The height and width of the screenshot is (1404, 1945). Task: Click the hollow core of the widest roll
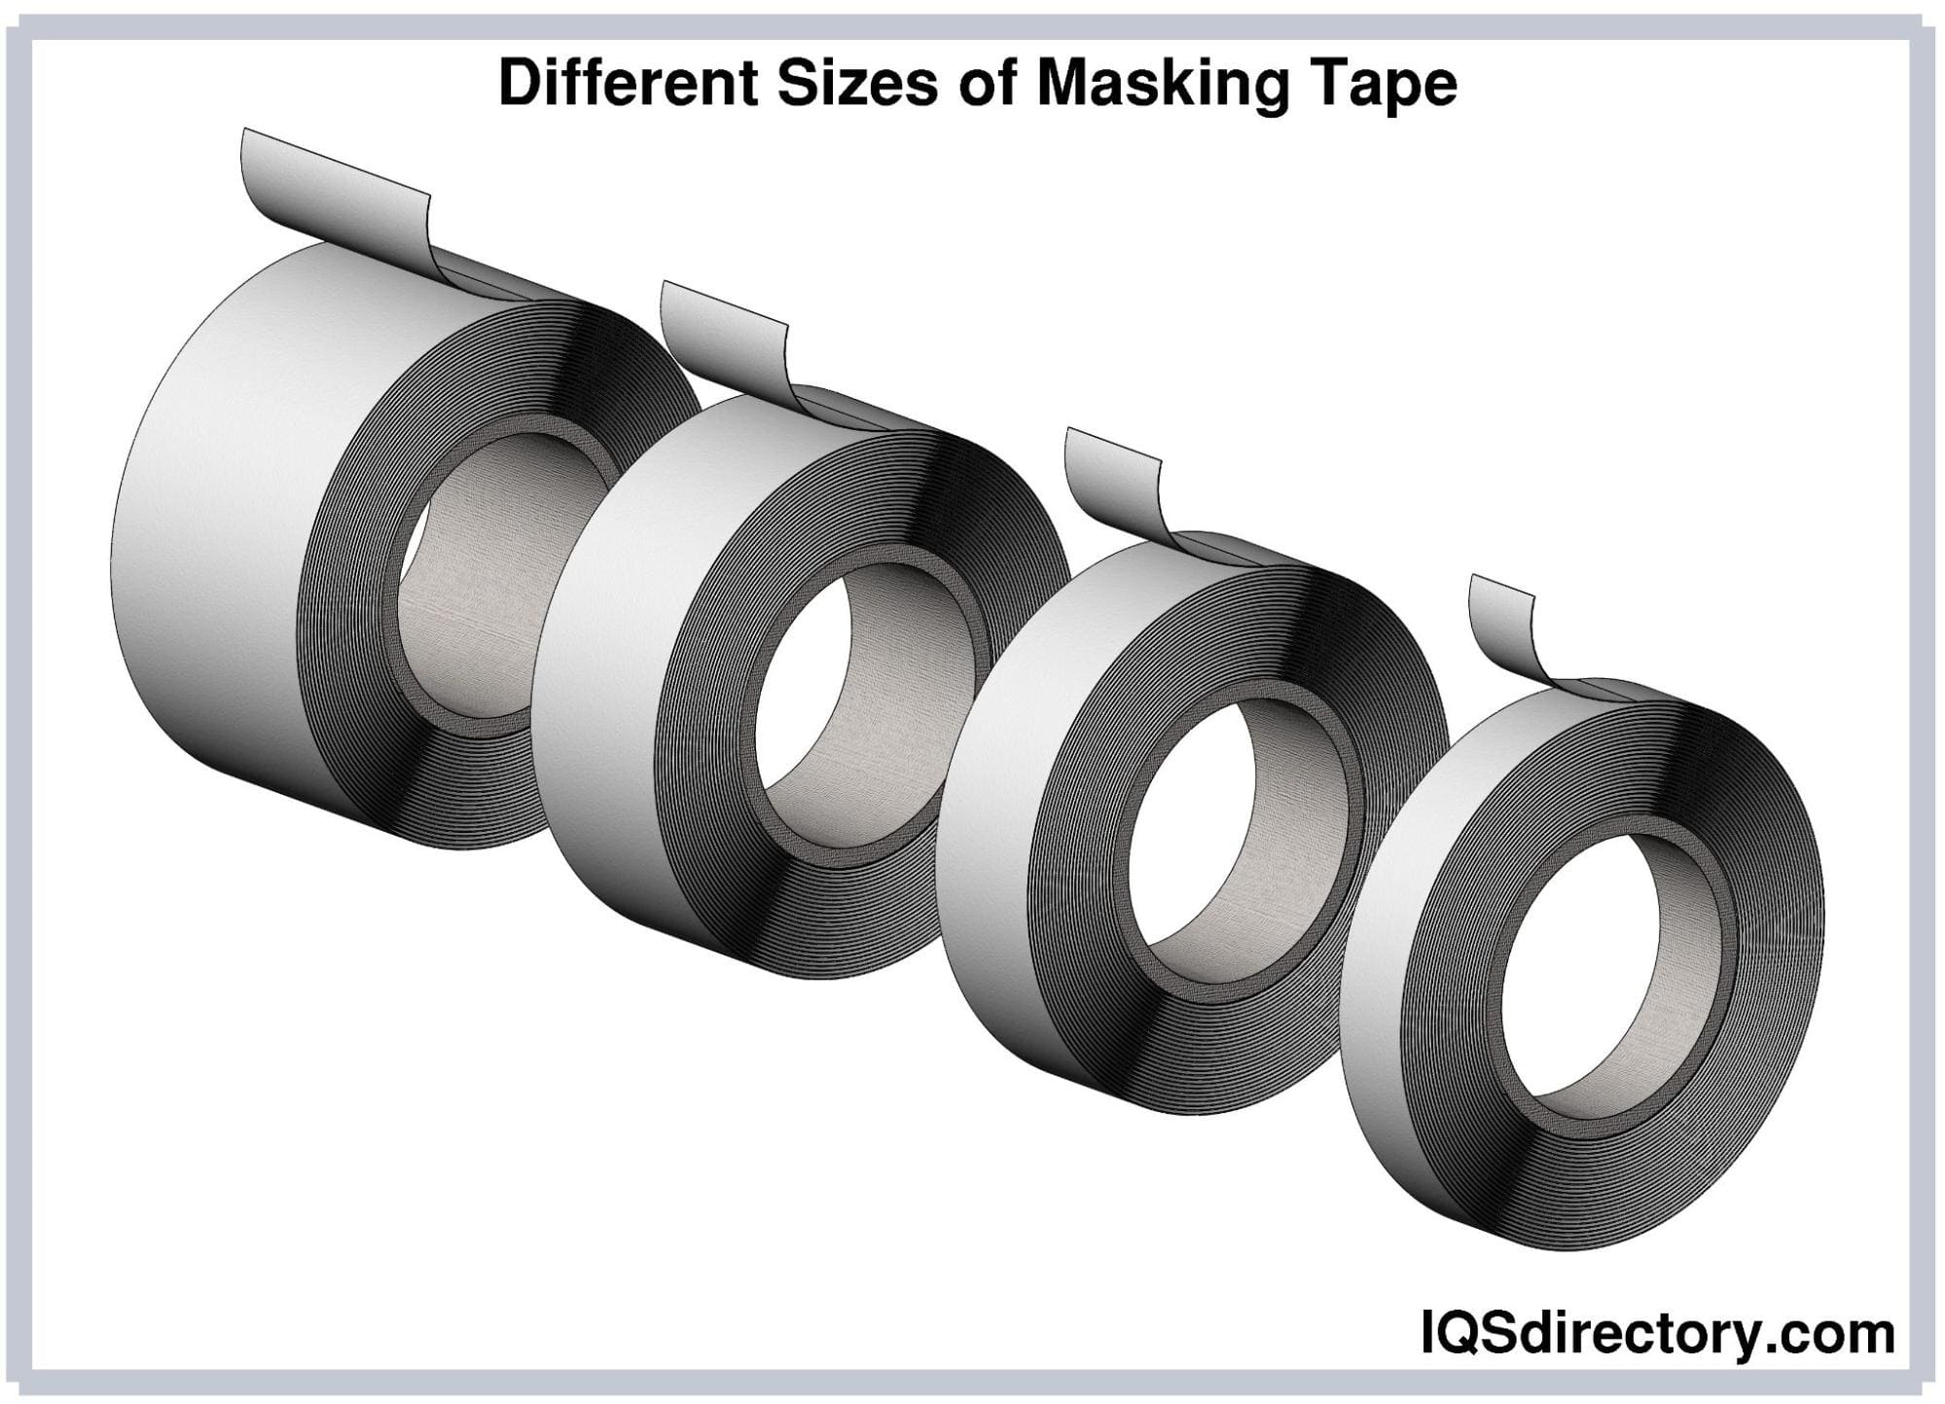(486, 584)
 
